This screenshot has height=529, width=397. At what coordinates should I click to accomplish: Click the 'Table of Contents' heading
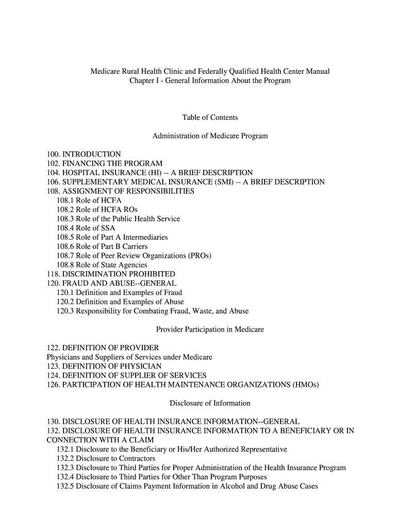click(210, 118)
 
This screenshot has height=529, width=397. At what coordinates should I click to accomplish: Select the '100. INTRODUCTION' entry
click(84, 154)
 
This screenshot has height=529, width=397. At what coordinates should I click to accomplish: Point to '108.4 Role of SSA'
click(86, 228)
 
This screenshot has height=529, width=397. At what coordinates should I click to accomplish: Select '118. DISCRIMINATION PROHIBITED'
click(110, 274)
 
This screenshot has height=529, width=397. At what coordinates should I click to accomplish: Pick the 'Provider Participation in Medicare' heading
click(210, 330)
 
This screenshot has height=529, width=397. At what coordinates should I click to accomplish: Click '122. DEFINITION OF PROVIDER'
click(103, 348)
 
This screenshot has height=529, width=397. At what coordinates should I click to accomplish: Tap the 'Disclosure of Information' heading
click(210, 403)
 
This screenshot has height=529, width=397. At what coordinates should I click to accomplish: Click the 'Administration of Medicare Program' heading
click(210, 136)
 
